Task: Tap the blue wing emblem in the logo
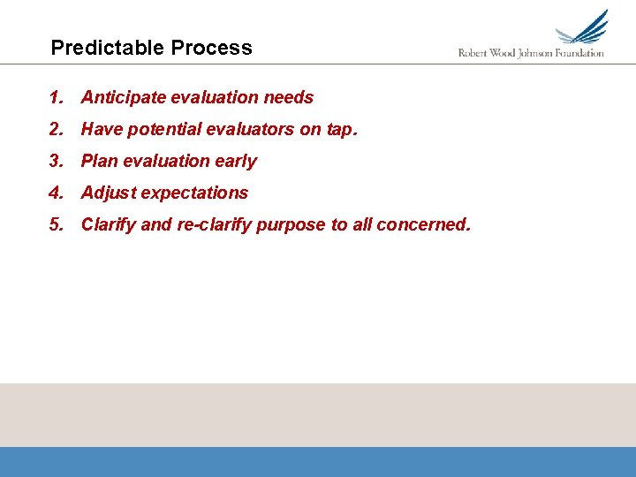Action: pyautogui.click(x=583, y=28)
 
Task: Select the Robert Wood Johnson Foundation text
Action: pyautogui.click(x=531, y=53)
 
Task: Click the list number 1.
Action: pyautogui.click(x=56, y=97)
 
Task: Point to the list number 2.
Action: pyautogui.click(x=56, y=129)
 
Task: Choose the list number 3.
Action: pyautogui.click(x=56, y=161)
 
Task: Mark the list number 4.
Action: pyautogui.click(x=56, y=193)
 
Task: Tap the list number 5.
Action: pyautogui.click(x=56, y=224)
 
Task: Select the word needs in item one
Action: pyautogui.click(x=289, y=97)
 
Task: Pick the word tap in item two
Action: pyautogui.click(x=339, y=130)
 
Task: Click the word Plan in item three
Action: pyautogui.click(x=99, y=161)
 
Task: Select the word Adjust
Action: pyautogui.click(x=108, y=193)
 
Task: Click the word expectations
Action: pyautogui.click(x=194, y=193)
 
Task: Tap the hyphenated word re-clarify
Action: pyautogui.click(x=215, y=225)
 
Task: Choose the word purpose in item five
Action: pyautogui.click(x=292, y=225)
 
